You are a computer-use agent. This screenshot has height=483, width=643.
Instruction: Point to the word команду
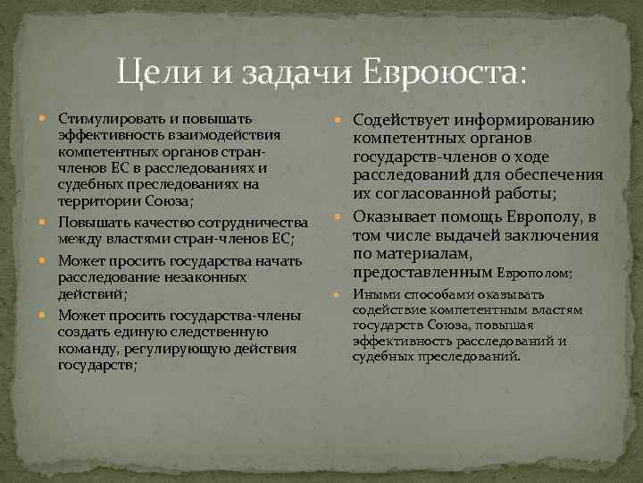pyautogui.click(x=87, y=349)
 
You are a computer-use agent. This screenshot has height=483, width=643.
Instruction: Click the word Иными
pyautogui.click(x=374, y=294)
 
